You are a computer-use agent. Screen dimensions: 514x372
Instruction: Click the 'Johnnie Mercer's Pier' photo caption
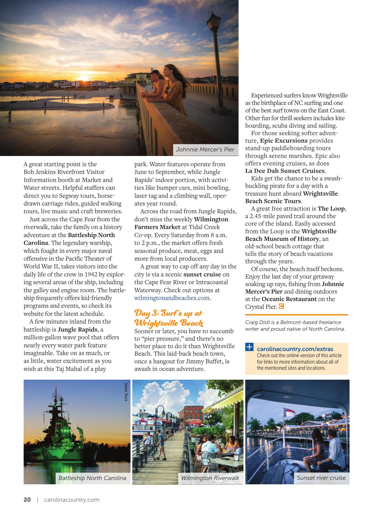[x=205, y=150]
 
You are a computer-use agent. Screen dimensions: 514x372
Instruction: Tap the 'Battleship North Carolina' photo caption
[x=92, y=478]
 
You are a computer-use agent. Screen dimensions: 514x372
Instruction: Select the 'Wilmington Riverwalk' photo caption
[x=210, y=478]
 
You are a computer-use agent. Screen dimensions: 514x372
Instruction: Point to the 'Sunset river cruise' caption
[x=321, y=478]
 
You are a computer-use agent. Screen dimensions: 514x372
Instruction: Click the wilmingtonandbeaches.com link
[x=172, y=298]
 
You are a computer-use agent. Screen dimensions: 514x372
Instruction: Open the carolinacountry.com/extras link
[x=295, y=349]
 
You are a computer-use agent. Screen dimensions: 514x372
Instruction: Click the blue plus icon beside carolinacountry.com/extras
[x=249, y=347]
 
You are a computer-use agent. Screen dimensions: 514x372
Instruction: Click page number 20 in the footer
[x=27, y=500]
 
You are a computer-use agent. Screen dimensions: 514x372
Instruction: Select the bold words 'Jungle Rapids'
[x=78, y=329]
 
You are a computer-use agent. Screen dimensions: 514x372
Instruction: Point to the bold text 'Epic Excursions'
[x=284, y=140]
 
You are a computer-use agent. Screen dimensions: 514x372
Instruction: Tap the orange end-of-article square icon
[x=281, y=306]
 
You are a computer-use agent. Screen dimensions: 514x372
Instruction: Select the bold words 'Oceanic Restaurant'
[x=289, y=299]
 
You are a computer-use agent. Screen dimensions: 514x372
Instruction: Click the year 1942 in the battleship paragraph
[x=92, y=274]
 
